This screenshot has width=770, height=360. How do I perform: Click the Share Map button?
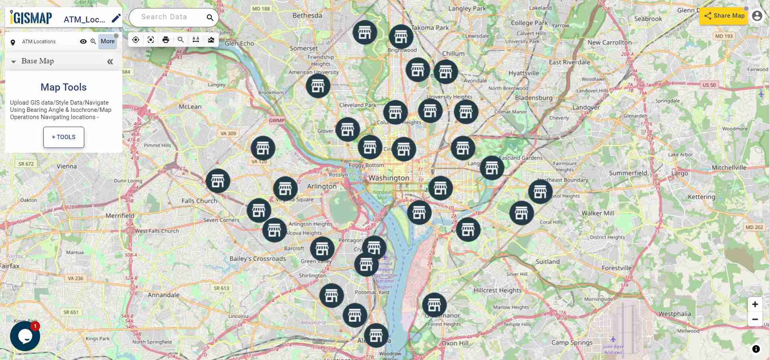(x=724, y=16)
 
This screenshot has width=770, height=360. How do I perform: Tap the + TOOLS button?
(x=64, y=137)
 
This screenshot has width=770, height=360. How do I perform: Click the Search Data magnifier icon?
(x=210, y=18)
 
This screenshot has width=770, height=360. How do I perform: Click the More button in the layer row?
(x=107, y=41)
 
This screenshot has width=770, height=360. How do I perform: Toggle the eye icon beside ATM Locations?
(x=83, y=41)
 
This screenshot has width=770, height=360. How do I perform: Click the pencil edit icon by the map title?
(x=116, y=18)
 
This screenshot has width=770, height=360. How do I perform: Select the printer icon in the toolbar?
(x=166, y=40)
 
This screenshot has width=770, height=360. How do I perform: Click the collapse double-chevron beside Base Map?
(x=110, y=61)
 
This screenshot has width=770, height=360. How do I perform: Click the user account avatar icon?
(x=757, y=16)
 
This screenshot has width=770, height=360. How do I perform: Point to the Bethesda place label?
(x=307, y=16)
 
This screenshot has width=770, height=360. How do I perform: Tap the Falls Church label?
(x=199, y=201)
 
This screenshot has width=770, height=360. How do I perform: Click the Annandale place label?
(x=164, y=295)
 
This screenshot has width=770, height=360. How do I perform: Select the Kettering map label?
(x=701, y=197)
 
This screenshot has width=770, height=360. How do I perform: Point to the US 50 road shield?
(x=709, y=85)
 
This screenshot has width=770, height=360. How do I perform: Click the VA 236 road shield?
(x=75, y=278)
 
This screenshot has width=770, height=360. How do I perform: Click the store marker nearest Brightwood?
(x=401, y=37)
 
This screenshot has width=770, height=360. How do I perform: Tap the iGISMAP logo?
(x=31, y=18)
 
